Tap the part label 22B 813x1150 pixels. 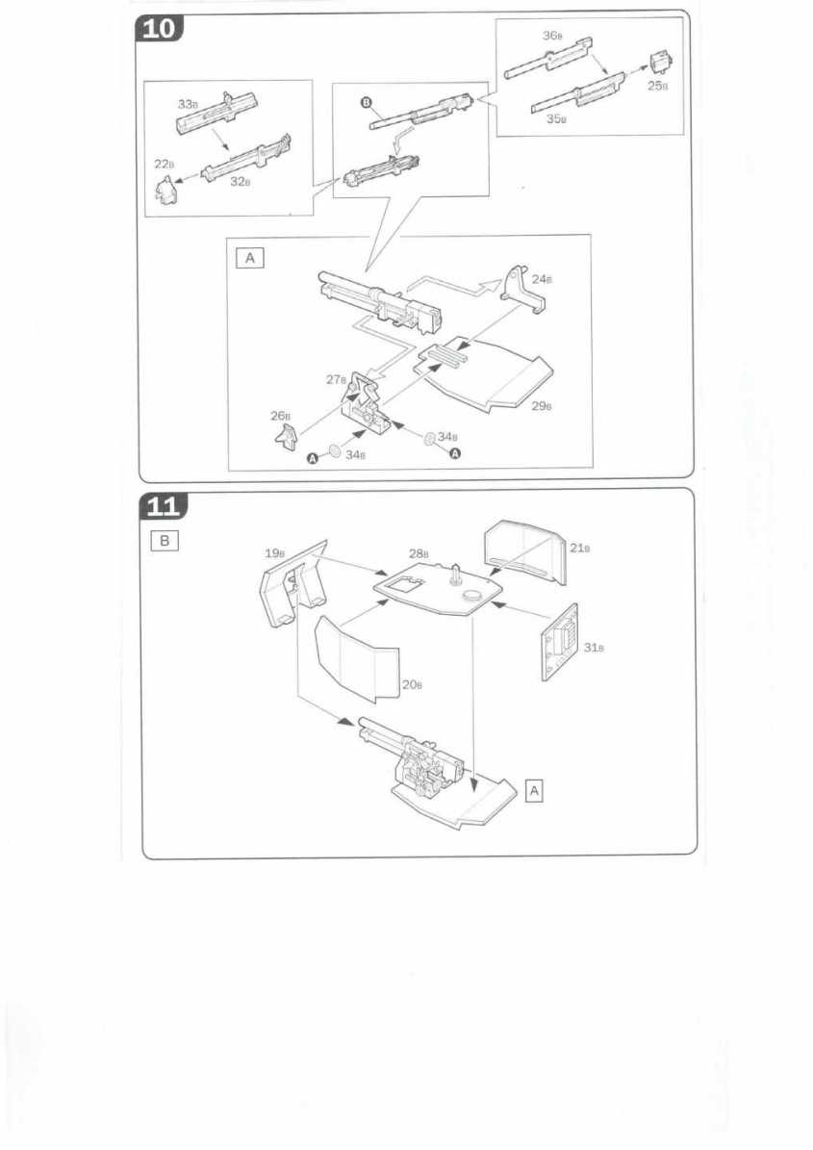(x=165, y=164)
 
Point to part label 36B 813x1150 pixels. (x=552, y=36)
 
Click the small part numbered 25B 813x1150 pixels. (x=659, y=64)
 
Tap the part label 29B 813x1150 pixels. (x=543, y=405)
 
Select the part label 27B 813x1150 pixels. (x=336, y=379)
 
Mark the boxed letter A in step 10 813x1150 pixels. (x=251, y=258)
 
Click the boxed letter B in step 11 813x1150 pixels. (x=165, y=541)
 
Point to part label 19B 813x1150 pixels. (x=275, y=553)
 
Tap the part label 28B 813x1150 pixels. (x=418, y=553)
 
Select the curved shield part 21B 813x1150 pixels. (x=524, y=551)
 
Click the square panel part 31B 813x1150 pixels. (x=558, y=642)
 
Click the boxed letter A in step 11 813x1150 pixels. (x=536, y=790)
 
